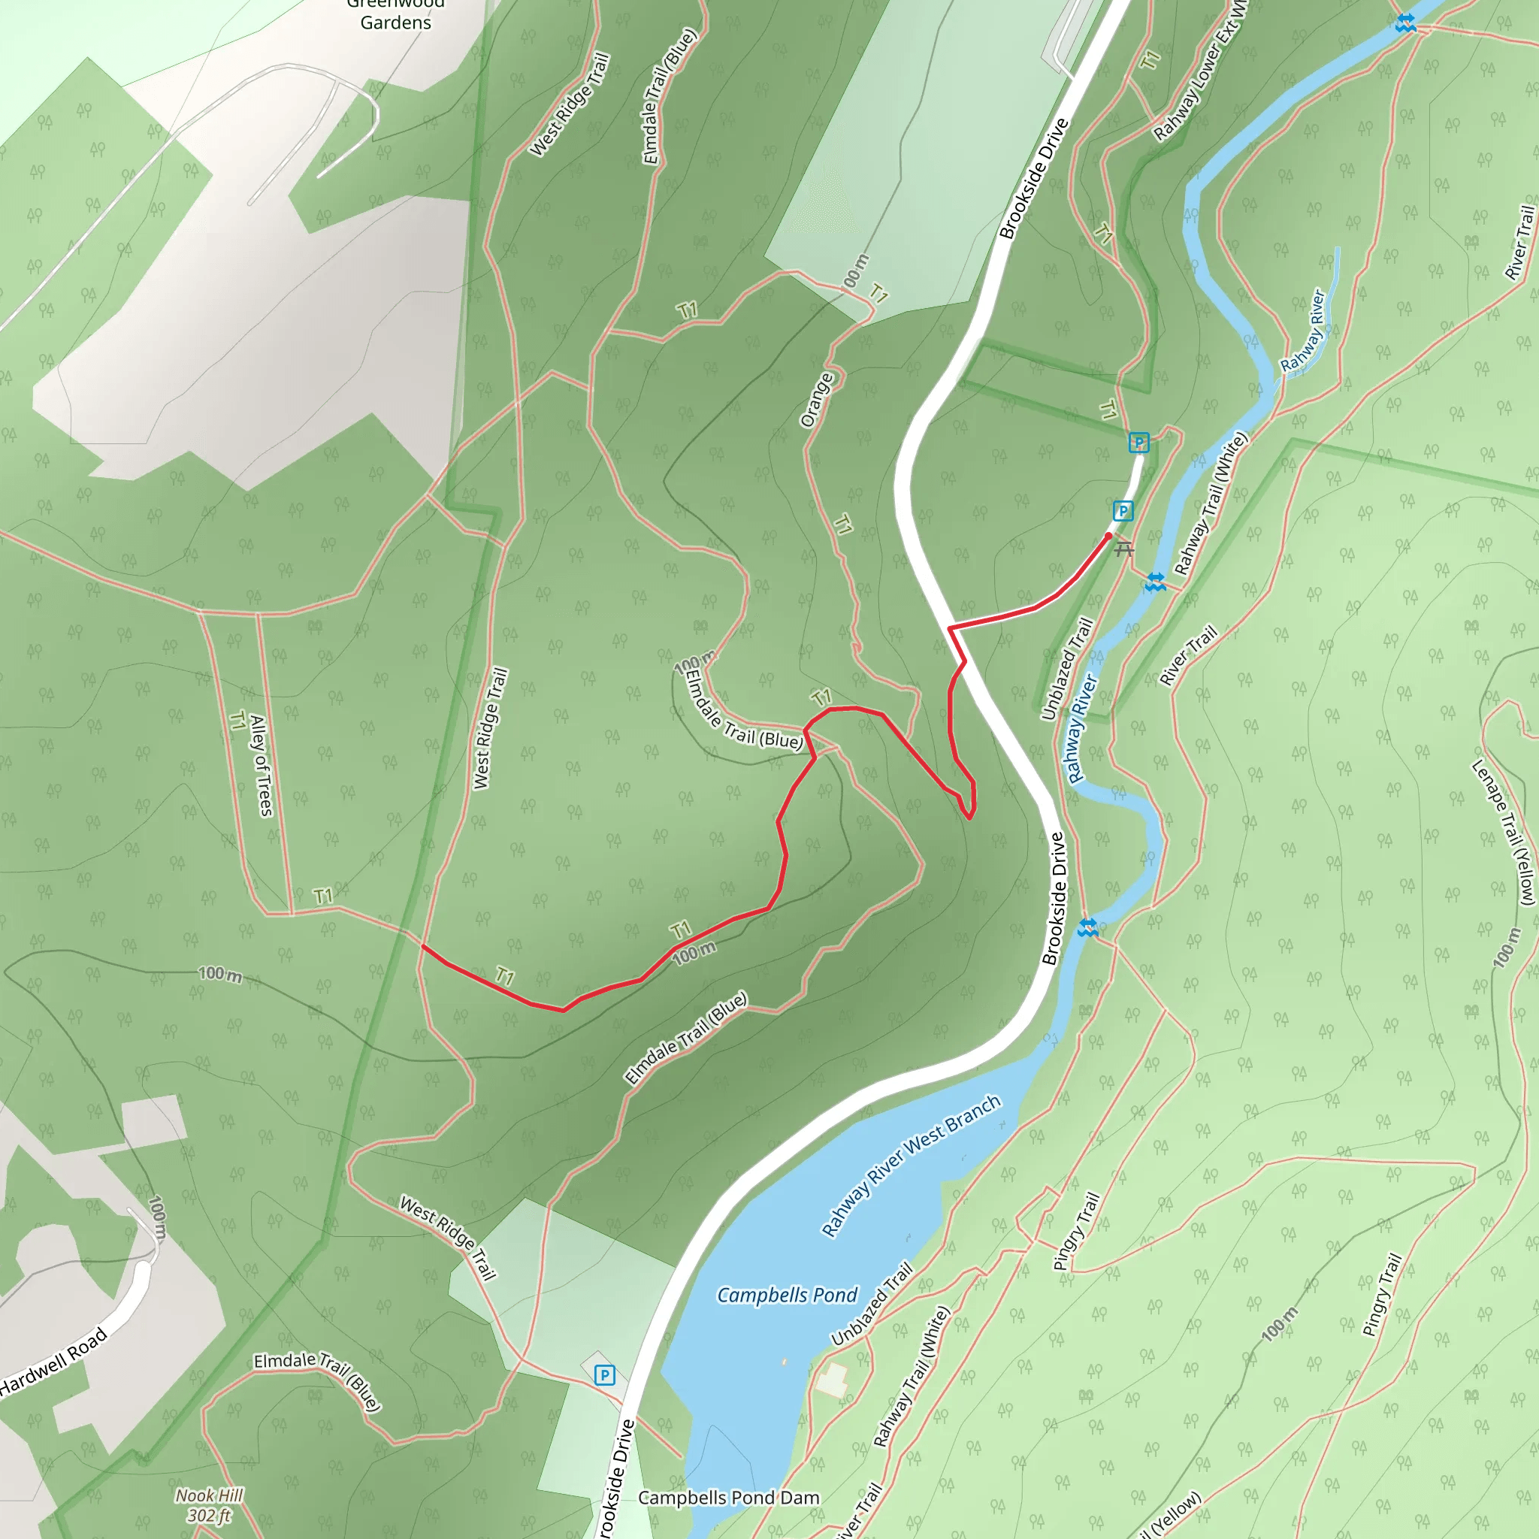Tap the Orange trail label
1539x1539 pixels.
click(817, 400)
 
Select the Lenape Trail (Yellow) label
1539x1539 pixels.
click(1503, 833)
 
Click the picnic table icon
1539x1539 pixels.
click(1124, 548)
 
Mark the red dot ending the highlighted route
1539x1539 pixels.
click(1108, 537)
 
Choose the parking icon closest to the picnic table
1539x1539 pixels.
click(1123, 510)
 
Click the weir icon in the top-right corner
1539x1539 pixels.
click(1405, 23)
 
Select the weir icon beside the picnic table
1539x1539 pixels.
click(1155, 582)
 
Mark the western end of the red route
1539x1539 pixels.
click(422, 945)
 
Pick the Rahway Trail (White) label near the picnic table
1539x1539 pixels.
click(1211, 503)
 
